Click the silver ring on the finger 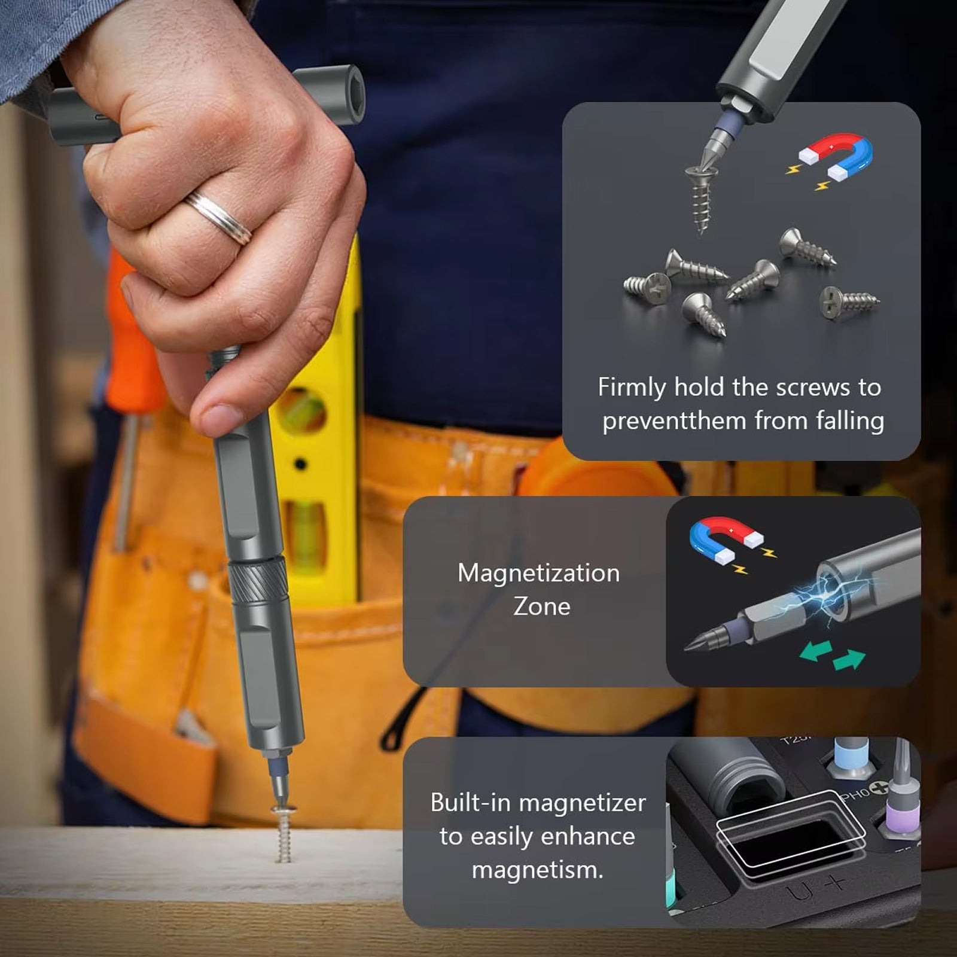click(219, 217)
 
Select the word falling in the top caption click(850, 421)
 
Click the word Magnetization click(539, 573)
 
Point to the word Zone click(542, 606)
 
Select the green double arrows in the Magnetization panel click(833, 655)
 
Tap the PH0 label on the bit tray click(856, 795)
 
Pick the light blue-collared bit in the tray click(851, 756)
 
